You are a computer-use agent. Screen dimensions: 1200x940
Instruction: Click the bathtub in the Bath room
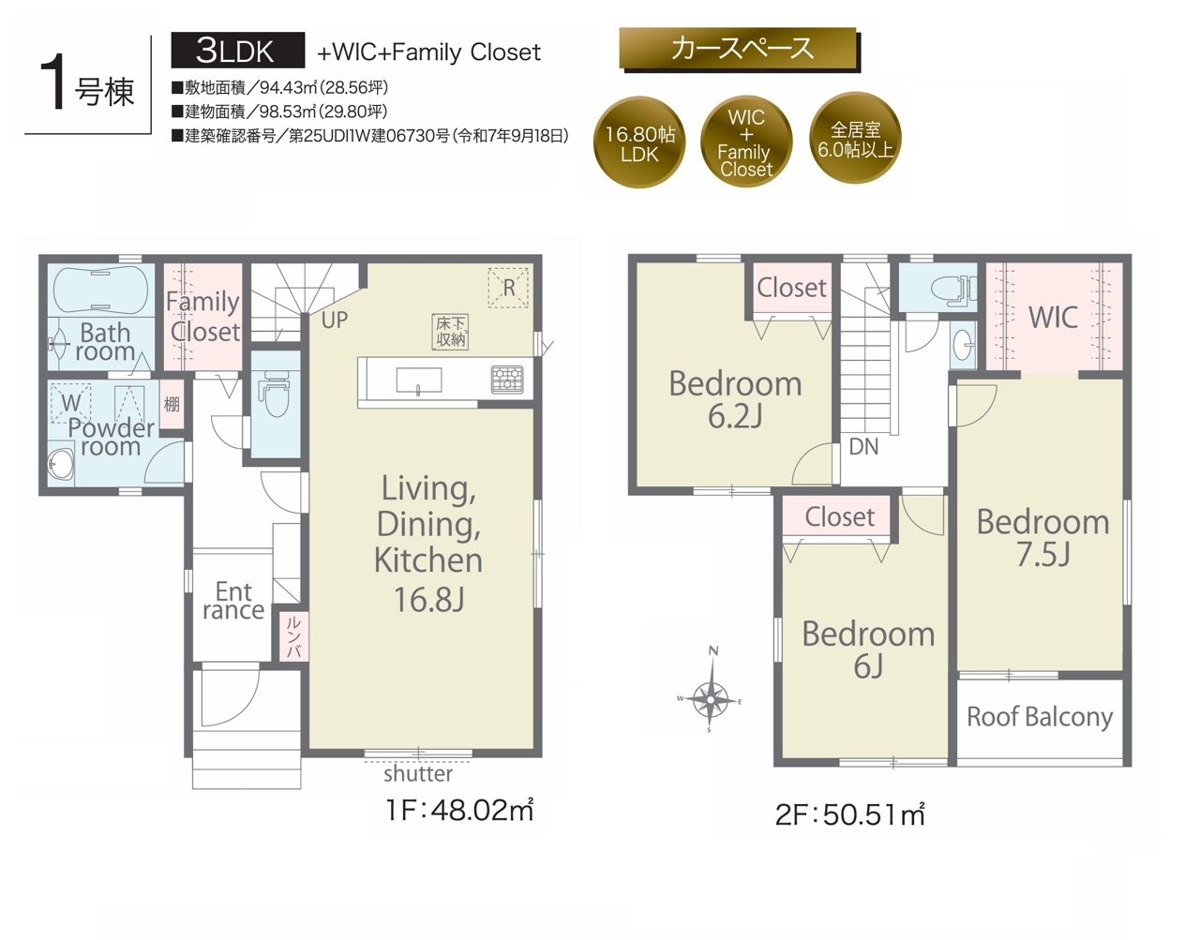click(x=101, y=290)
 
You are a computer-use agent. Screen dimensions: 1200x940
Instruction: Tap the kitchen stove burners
click(x=507, y=380)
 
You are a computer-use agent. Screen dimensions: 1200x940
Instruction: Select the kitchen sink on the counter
click(x=418, y=380)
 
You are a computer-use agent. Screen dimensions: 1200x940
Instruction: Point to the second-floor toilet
click(x=952, y=289)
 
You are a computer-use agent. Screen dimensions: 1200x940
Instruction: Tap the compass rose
click(x=710, y=700)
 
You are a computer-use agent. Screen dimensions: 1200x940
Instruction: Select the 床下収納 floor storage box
click(x=450, y=332)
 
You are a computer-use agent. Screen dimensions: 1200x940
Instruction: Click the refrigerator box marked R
click(x=508, y=287)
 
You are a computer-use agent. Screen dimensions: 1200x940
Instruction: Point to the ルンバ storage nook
click(x=292, y=635)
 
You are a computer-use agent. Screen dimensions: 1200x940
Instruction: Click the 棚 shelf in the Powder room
click(x=172, y=405)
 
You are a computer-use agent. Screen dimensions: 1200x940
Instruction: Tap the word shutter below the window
click(x=418, y=774)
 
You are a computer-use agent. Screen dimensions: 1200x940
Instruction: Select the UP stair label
click(x=335, y=321)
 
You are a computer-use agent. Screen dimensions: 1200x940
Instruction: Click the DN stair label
click(x=863, y=446)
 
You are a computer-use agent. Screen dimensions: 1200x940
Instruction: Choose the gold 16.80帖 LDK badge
click(x=639, y=142)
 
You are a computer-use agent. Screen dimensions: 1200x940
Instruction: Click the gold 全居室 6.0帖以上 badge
click(x=855, y=138)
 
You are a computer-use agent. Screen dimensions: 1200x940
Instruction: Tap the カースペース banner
click(x=739, y=49)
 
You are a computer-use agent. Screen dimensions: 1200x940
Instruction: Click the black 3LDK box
click(x=237, y=51)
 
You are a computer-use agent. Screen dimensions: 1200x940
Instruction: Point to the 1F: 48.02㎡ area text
click(x=459, y=811)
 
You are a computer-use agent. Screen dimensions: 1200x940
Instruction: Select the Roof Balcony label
click(x=1040, y=717)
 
